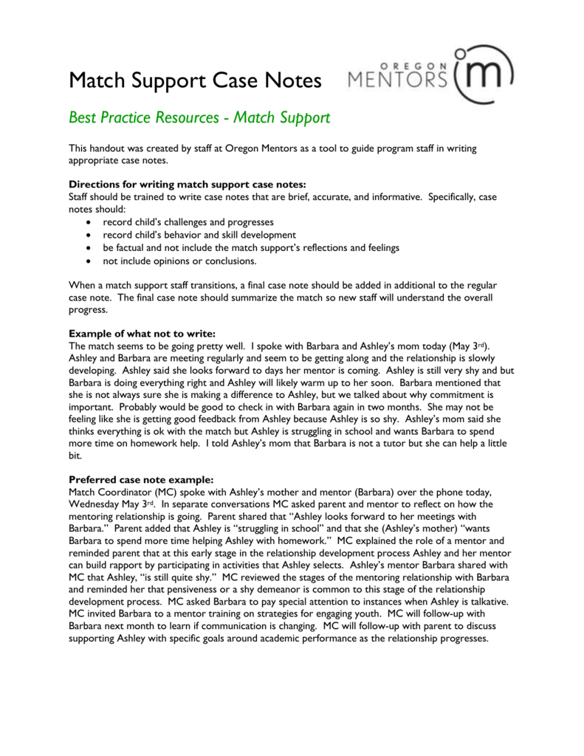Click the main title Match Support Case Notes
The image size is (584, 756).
pos(195,80)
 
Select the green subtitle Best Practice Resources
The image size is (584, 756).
pos(199,117)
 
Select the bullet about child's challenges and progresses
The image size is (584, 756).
pos(188,221)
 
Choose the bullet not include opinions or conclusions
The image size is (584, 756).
pos(179,261)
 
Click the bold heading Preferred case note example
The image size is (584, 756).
pos(141,478)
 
